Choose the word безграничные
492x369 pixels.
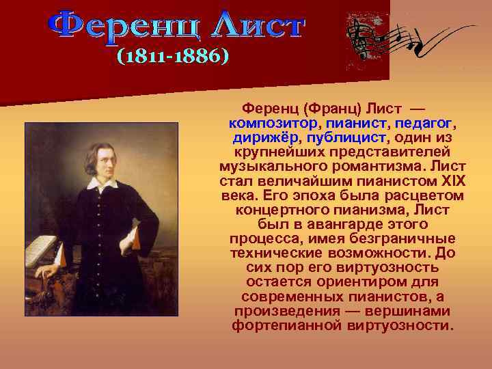coord(397,238)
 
